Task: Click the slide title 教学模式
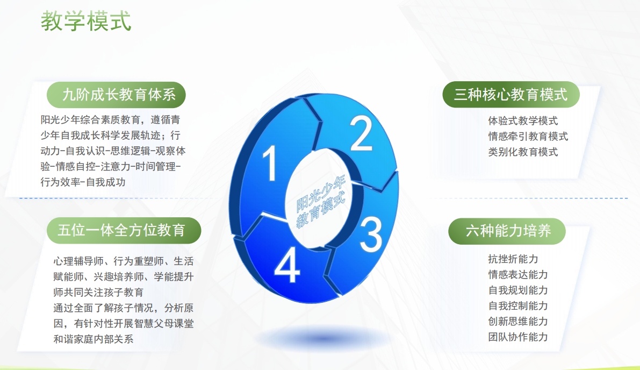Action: (x=86, y=21)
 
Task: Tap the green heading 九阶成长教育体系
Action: (x=119, y=95)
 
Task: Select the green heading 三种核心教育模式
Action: (x=510, y=95)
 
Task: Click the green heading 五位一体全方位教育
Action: (x=121, y=230)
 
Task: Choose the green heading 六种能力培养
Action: (x=508, y=231)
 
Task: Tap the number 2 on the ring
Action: (x=361, y=133)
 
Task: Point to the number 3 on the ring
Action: (x=371, y=234)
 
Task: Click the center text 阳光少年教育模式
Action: (x=321, y=201)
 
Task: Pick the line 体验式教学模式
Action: (x=523, y=121)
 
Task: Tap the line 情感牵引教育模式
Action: (x=528, y=137)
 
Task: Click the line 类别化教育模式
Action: (x=523, y=152)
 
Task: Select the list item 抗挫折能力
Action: (x=513, y=259)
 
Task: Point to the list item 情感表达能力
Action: (x=518, y=274)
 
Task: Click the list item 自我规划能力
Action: (x=518, y=290)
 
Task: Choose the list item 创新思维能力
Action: (x=518, y=322)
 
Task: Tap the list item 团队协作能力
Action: (x=518, y=337)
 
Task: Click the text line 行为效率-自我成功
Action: (x=83, y=182)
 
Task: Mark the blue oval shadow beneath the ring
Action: (x=322, y=338)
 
